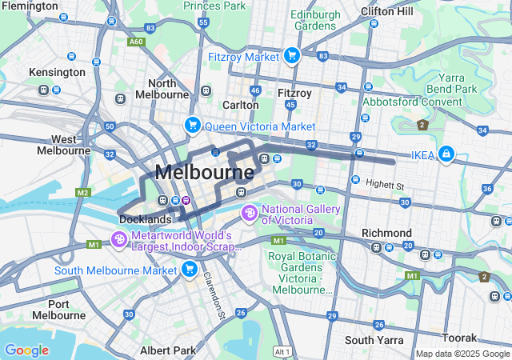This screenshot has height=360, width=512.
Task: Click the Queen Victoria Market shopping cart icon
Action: point(192,126)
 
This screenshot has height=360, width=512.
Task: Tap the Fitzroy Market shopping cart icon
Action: point(291,56)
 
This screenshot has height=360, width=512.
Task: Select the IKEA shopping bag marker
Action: point(446,154)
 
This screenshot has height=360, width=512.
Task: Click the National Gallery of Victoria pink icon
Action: point(249,214)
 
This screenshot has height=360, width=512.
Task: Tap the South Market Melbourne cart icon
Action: point(189,270)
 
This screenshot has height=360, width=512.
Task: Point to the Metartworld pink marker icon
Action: point(118,239)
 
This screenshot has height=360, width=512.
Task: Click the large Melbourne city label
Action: point(204,172)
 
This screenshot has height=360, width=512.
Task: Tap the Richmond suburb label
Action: point(386,233)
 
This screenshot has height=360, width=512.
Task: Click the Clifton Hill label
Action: point(387,11)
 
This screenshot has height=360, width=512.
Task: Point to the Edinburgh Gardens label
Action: point(315,20)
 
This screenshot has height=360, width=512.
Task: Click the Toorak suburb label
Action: point(462,338)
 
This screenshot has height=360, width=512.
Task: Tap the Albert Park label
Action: point(167,350)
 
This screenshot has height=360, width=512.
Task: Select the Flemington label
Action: point(29,6)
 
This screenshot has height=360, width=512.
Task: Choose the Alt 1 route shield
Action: point(281,351)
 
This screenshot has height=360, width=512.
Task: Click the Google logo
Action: point(26,350)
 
